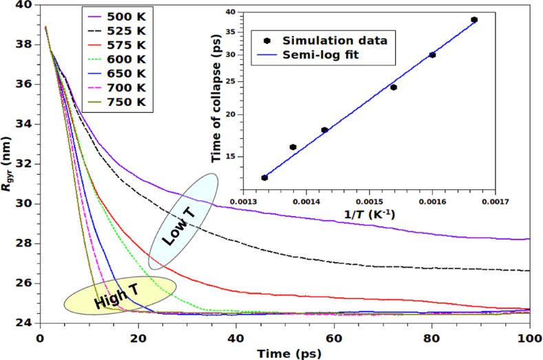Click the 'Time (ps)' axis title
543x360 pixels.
(x=285, y=353)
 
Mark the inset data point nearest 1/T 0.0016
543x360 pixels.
(x=432, y=54)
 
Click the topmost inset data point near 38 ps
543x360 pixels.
(x=474, y=20)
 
